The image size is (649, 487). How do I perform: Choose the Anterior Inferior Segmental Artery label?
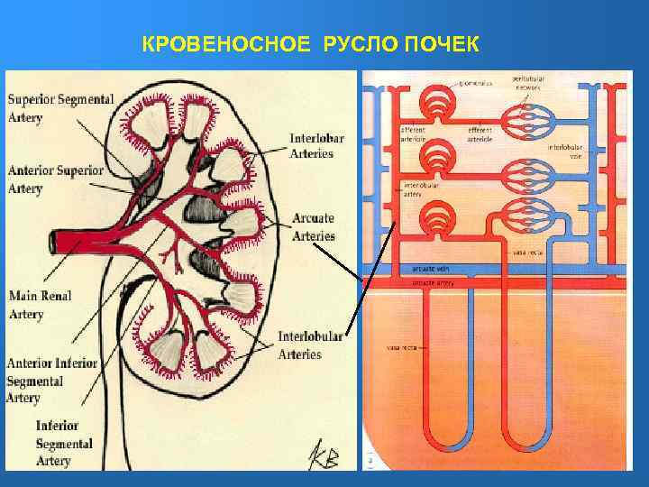pyautogui.click(x=51, y=380)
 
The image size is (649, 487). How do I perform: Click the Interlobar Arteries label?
pyautogui.click(x=312, y=146)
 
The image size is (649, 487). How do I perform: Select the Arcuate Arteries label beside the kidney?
pyautogui.click(x=314, y=227)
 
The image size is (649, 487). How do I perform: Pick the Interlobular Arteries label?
pyautogui.click(x=309, y=345)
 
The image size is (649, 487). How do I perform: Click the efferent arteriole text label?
pyautogui.click(x=480, y=134)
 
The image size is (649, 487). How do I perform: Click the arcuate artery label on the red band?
pyautogui.click(x=433, y=282)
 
